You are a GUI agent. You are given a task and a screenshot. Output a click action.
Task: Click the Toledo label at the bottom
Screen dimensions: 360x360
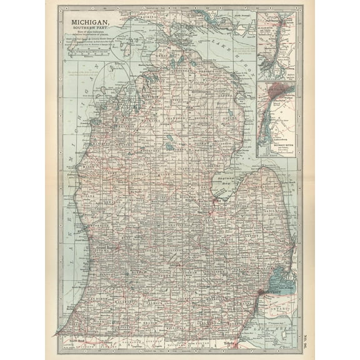pos(231,343)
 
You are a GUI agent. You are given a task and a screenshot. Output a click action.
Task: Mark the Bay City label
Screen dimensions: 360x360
pos(219,201)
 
